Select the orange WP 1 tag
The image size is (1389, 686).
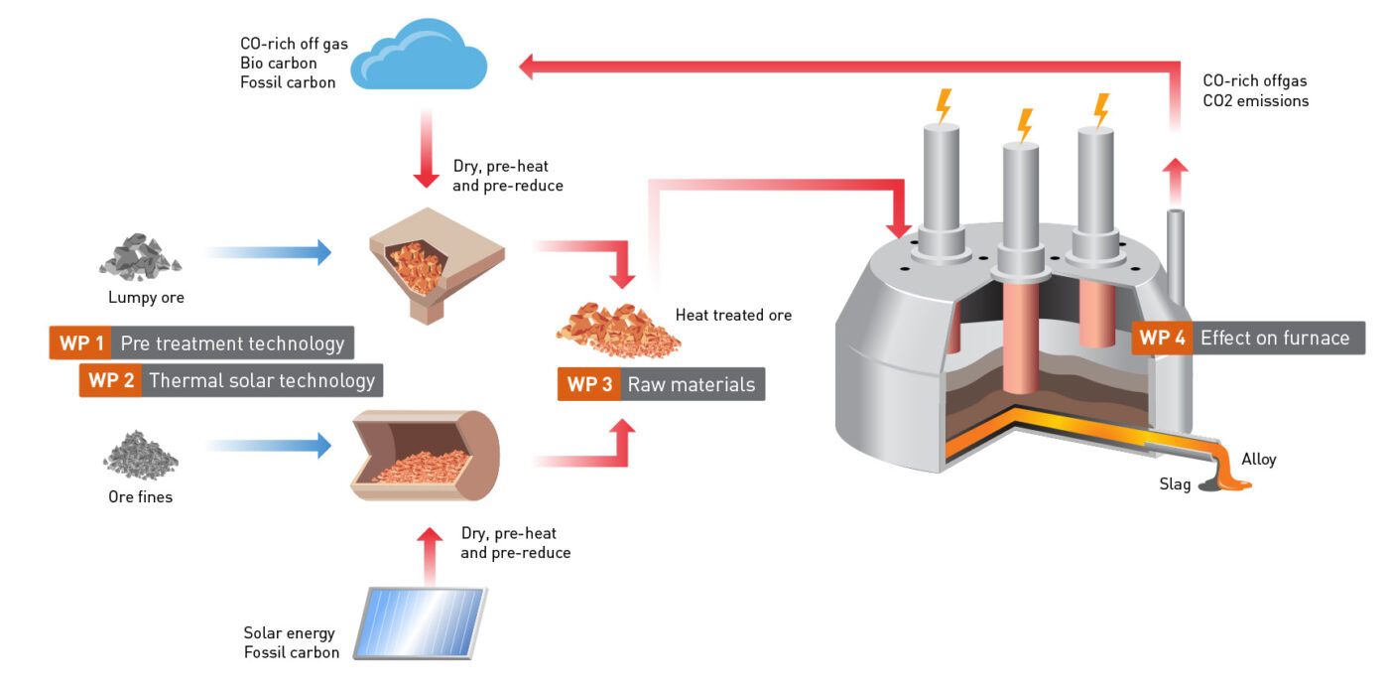(79, 343)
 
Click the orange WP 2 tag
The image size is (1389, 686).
(110, 380)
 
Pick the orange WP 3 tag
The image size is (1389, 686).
(588, 384)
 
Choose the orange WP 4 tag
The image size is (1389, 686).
(1161, 338)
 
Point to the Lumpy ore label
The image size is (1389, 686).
(146, 297)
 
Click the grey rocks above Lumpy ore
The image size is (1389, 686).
(140, 255)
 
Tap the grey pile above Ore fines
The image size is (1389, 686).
(141, 456)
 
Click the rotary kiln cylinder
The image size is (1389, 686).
(426, 456)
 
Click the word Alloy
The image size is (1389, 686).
(1258, 459)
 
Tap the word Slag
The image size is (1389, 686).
(1175, 484)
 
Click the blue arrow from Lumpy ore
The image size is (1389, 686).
(268, 252)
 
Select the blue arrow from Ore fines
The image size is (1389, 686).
(268, 446)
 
